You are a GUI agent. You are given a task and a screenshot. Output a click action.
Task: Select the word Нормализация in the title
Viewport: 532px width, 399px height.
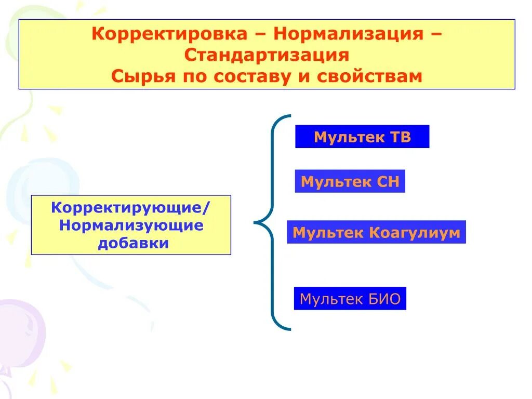point(352,35)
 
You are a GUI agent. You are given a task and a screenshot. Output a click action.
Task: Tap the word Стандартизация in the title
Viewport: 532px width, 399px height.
point(267,55)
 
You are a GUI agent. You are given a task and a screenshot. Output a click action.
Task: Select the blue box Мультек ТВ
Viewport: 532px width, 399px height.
point(362,137)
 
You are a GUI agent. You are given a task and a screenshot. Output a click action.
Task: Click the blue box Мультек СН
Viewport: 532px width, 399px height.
point(350,181)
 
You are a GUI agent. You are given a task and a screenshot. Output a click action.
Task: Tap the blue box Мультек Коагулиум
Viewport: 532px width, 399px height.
point(376,232)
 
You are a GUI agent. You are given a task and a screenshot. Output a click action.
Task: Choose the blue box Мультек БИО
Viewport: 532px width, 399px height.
point(350,299)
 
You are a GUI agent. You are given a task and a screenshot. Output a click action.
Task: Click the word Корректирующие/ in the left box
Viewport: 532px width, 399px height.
point(130,208)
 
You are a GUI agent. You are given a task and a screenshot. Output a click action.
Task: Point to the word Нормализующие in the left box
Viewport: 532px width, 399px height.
point(130,225)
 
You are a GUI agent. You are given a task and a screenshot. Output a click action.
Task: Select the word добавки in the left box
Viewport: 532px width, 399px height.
point(134,243)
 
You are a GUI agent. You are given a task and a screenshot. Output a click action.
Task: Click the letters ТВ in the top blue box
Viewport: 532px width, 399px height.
point(400,137)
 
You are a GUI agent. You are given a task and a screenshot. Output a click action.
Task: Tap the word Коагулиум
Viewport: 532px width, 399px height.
point(415,232)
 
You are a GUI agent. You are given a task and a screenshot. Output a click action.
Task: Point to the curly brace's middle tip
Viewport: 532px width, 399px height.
point(255,223)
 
